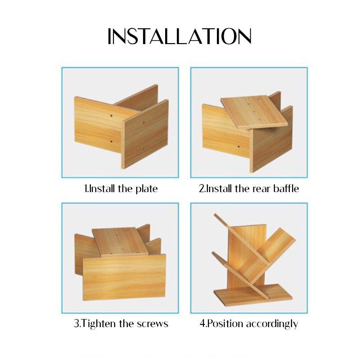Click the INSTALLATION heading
[x=180, y=36]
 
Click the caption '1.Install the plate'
[x=121, y=189]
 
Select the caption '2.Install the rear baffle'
[x=249, y=189]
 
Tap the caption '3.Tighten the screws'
[x=121, y=324]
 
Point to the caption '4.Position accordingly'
[x=248, y=324]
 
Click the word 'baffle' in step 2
[x=285, y=189]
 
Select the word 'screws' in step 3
[x=153, y=324]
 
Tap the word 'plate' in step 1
[x=146, y=189]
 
